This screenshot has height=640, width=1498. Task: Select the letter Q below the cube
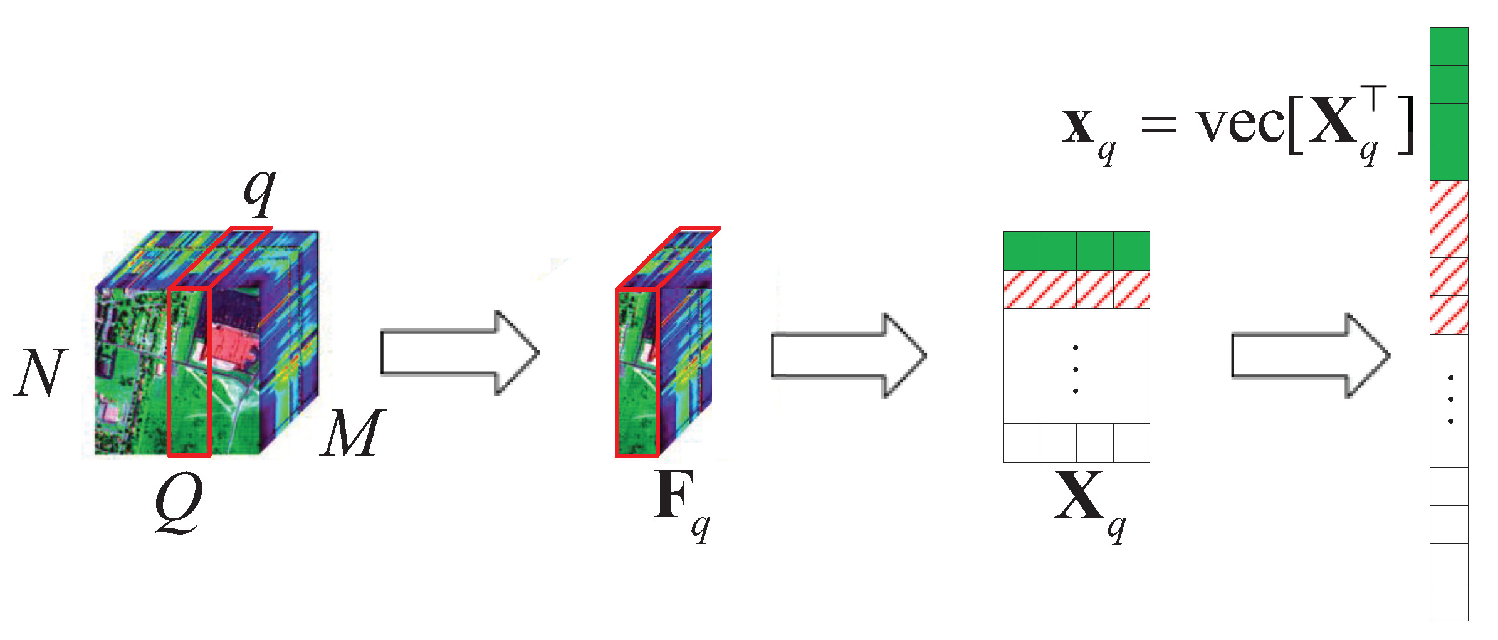(x=179, y=501)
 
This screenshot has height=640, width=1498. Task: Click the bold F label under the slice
(x=674, y=495)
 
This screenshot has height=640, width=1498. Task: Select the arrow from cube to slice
(x=459, y=352)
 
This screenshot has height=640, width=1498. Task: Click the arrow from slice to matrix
(x=848, y=355)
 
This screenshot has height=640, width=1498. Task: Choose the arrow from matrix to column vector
(x=1310, y=355)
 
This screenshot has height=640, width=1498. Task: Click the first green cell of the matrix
(x=1022, y=251)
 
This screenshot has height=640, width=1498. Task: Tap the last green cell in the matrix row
(x=1131, y=251)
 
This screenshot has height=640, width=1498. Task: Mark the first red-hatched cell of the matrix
(x=1022, y=290)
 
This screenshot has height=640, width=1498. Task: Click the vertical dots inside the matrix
(x=1076, y=369)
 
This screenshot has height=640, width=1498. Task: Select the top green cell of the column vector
(x=1448, y=46)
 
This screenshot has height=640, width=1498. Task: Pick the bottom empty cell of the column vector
(x=1448, y=601)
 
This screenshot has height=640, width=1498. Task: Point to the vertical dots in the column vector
(x=1451, y=399)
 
